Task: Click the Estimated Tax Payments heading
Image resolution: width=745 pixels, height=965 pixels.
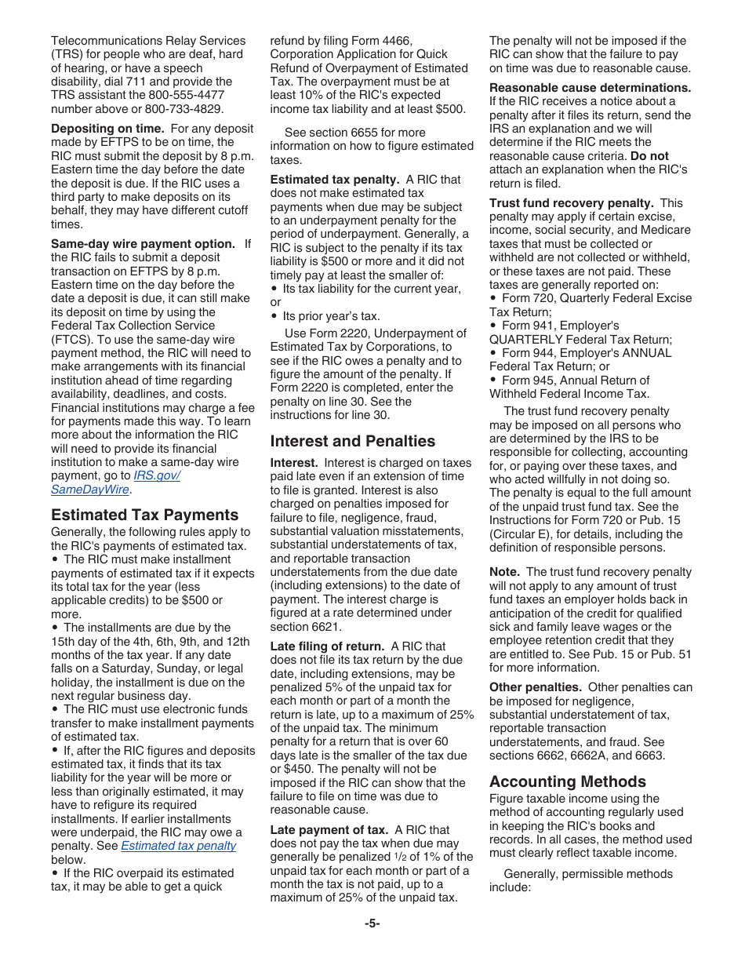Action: (144, 515)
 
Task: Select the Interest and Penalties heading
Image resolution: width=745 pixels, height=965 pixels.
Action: (352, 441)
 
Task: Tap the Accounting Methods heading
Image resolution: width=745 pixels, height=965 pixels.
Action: (568, 781)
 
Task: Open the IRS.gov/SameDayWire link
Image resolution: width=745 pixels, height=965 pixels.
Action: (115, 482)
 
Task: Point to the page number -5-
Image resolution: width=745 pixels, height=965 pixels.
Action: (372, 923)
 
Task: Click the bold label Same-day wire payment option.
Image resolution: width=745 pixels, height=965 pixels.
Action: (143, 244)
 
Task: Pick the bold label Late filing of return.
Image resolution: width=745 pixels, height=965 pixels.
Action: (327, 646)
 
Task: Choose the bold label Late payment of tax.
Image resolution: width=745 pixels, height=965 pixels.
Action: (329, 830)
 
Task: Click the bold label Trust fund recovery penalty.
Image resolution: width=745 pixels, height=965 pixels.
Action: (571, 203)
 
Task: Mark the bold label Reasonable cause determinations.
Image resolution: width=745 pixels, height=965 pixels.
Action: (590, 88)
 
